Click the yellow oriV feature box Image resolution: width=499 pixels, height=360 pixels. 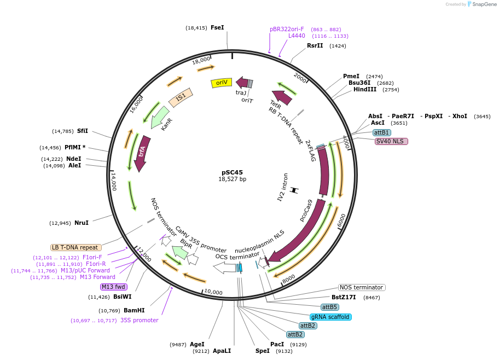tap(222, 83)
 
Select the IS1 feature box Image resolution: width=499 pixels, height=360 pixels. tap(180, 98)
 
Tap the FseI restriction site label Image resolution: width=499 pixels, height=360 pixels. tap(217, 27)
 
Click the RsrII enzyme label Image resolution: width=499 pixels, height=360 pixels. tap(315, 45)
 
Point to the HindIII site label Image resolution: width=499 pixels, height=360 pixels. tap(364, 89)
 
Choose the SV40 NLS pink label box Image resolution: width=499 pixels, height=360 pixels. tap(391, 141)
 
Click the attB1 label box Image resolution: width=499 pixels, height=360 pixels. tap(381, 132)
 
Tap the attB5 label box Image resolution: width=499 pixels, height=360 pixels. tap(329, 307)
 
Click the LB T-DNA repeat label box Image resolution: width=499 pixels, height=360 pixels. tap(76, 247)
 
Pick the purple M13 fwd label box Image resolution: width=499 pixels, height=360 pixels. tap(114, 287)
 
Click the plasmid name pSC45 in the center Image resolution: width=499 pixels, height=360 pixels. tap(233, 172)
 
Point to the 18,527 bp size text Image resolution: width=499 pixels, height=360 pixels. tap(233, 179)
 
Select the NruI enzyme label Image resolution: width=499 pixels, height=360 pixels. tap(81, 223)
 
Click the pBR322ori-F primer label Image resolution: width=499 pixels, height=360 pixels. tap(287, 29)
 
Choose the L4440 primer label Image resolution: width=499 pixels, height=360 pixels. tap(297, 36)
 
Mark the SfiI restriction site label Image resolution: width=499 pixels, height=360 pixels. tap(83, 131)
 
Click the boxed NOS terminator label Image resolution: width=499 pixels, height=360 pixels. tap(362, 287)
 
